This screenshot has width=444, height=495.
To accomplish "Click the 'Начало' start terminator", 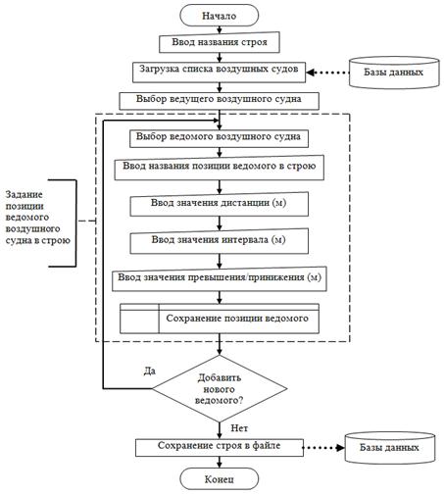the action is click(219, 16).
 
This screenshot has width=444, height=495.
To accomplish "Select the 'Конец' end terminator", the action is click(219, 478).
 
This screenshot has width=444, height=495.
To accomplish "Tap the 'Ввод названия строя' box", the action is click(220, 42).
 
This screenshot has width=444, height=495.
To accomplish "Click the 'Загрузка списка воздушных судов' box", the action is click(219, 73).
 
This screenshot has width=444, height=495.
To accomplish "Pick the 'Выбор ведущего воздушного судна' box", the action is click(219, 101).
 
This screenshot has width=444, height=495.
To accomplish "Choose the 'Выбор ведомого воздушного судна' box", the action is click(219, 139).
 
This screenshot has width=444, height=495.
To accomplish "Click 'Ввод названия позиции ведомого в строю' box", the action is click(219, 168).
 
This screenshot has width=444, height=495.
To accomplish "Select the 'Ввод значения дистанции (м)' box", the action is click(219, 204).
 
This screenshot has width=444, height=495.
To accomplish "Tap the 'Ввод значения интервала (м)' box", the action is click(219, 241).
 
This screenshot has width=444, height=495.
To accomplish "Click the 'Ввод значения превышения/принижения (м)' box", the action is click(220, 278).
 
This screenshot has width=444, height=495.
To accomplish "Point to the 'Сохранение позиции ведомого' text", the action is click(237, 319).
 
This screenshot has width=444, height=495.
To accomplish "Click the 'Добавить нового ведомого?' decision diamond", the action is click(220, 388).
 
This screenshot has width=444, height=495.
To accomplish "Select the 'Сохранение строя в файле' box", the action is click(220, 447).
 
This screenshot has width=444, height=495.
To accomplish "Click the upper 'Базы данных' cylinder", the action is click(394, 73).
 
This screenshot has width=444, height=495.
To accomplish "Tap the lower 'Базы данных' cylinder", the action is click(390, 448).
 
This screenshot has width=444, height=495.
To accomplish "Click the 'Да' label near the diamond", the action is click(150, 371).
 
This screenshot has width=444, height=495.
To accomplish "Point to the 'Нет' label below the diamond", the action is click(239, 428).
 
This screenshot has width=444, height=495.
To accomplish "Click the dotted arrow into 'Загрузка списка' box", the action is click(327, 73).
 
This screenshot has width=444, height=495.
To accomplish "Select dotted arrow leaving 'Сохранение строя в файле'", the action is click(323, 448).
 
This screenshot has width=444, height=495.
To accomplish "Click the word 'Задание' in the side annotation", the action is click(24, 195).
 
